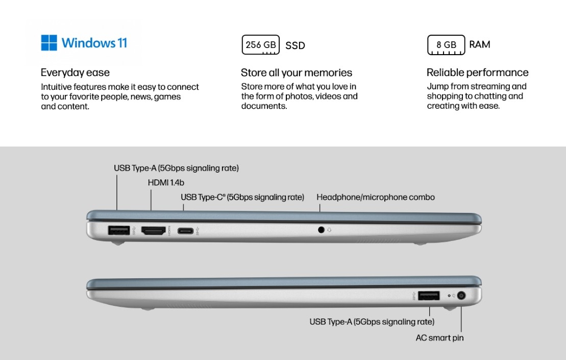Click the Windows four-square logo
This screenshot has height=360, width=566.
tap(49, 42)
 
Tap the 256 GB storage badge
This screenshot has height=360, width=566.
tap(261, 45)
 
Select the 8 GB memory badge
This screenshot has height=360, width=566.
tap(446, 45)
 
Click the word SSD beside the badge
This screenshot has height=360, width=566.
tap(296, 45)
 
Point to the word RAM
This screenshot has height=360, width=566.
tap(479, 44)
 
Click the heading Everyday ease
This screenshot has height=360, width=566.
tap(75, 73)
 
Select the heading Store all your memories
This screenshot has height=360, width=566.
tap(297, 73)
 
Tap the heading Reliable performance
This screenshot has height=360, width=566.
tap(477, 72)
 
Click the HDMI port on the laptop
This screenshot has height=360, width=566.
tap(154, 230)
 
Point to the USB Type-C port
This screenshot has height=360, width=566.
tap(186, 231)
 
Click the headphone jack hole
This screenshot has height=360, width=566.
tap(321, 230)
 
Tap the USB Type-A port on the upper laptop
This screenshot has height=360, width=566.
tap(119, 230)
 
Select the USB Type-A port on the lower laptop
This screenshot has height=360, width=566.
tap(429, 296)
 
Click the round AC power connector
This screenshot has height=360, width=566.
tap(461, 296)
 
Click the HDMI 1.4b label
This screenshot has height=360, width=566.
tap(166, 183)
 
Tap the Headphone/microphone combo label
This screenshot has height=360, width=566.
tap(376, 197)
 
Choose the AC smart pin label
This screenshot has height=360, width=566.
tap(439, 338)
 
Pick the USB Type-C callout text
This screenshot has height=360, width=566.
tap(242, 197)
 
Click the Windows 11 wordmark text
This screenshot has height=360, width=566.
tap(94, 43)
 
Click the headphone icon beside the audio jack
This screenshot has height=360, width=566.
tap(329, 230)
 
